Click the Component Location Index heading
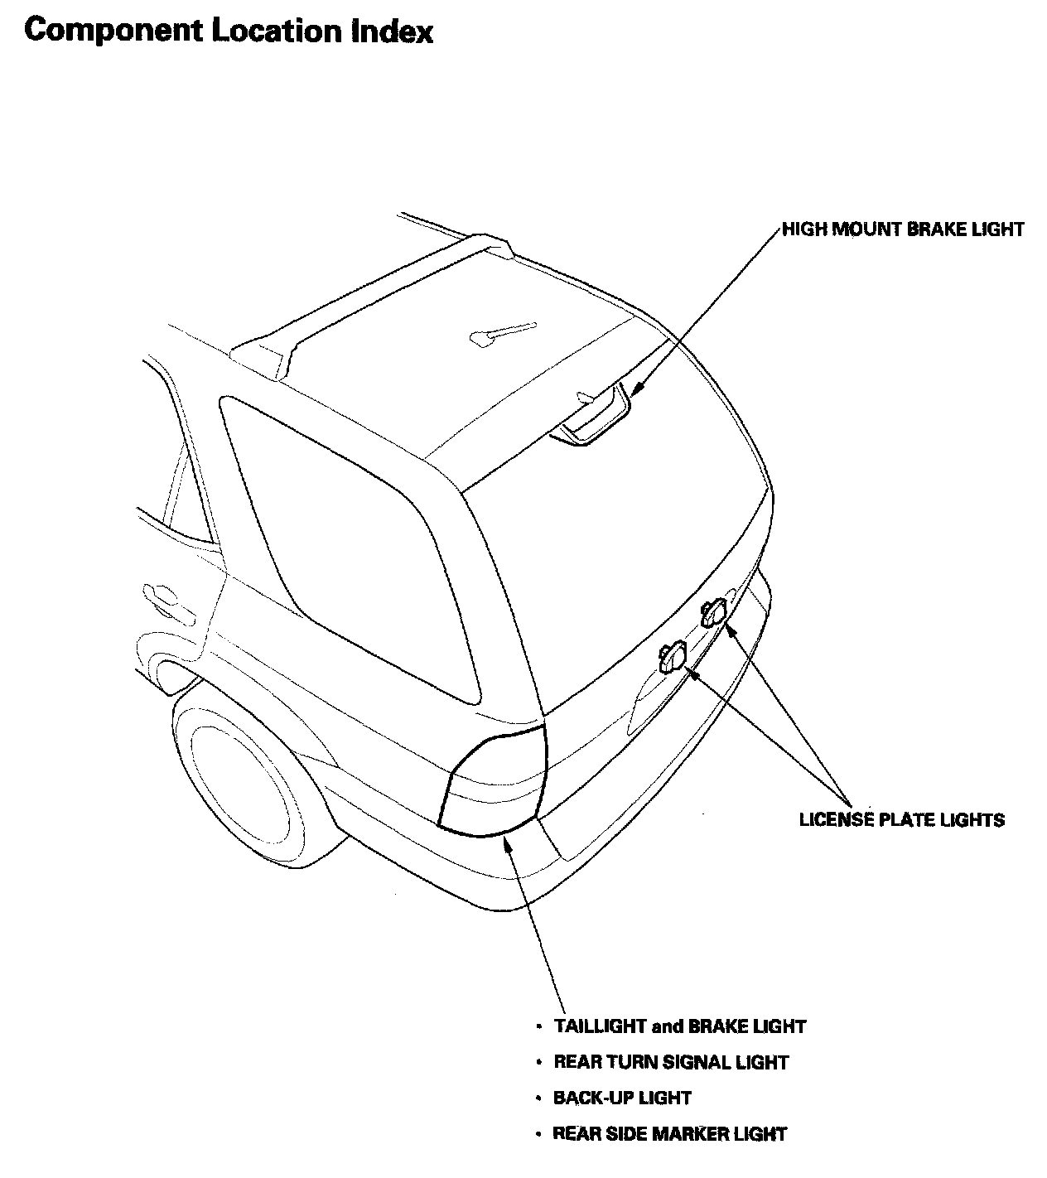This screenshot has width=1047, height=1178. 229,31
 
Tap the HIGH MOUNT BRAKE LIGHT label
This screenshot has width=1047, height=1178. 903,229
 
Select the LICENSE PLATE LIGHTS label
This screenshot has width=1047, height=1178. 901,820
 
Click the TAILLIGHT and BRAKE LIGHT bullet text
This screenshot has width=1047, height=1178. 679,1026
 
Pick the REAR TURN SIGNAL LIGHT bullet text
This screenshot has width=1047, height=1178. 671,1062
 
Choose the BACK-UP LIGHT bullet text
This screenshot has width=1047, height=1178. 622,1098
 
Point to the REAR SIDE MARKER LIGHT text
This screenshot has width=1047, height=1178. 669,1133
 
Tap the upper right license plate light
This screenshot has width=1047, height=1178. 714,612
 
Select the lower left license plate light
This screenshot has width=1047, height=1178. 672,657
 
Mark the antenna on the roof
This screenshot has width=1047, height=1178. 501,331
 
